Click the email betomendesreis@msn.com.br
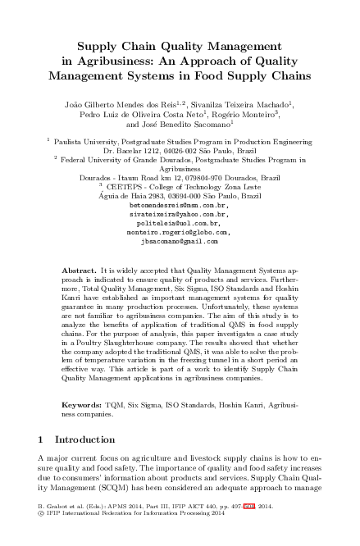[180, 205]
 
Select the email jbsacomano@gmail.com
[180, 242]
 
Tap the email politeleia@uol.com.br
[180, 223]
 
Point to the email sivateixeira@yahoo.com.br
[180, 214]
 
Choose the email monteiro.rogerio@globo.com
[180, 233]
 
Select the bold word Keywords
[82, 405]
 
